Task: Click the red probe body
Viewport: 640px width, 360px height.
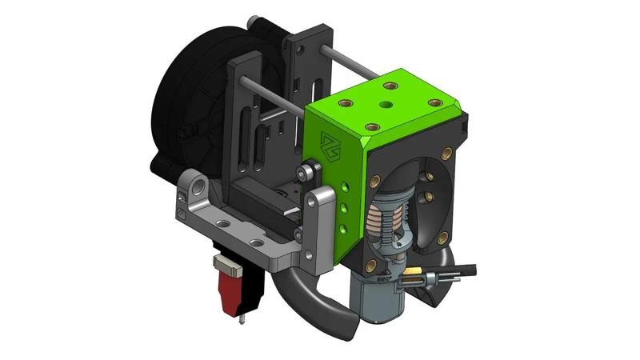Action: pyautogui.click(x=229, y=287)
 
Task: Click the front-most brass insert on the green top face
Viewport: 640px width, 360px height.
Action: pyautogui.click(x=371, y=126)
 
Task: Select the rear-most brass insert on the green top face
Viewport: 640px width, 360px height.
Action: pyautogui.click(x=390, y=85)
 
